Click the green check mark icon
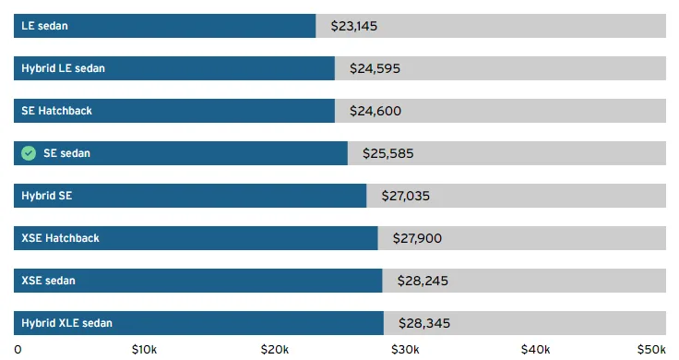(29, 153)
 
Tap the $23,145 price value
(353, 26)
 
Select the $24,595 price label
(375, 68)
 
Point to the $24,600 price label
(375, 111)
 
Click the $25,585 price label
(388, 153)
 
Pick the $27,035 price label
(406, 196)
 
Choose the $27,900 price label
(417, 238)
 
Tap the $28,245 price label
(423, 281)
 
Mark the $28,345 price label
(424, 323)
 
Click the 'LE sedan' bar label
(44, 26)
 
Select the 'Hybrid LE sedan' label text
(64, 68)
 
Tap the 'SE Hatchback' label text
(56, 111)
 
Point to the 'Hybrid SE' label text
(47, 196)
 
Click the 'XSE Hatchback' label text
(60, 238)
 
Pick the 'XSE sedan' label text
(49, 281)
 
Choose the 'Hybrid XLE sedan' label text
(66, 323)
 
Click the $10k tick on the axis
(144, 350)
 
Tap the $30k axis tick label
(405, 350)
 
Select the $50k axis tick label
(651, 350)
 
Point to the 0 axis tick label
(18, 350)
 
